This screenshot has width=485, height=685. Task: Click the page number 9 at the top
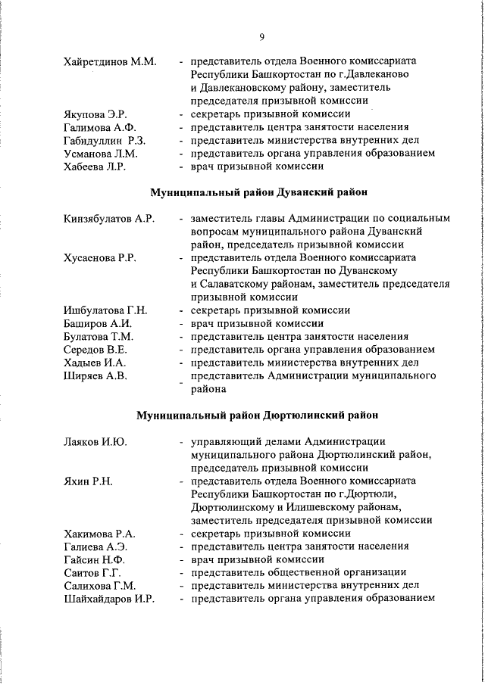click(261, 36)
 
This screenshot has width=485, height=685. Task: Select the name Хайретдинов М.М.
click(110, 61)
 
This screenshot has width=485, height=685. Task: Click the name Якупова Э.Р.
click(95, 114)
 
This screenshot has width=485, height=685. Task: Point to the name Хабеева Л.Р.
click(95, 166)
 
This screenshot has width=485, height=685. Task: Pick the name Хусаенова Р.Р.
click(100, 258)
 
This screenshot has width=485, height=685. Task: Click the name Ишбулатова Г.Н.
click(105, 310)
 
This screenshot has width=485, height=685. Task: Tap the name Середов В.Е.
click(95, 350)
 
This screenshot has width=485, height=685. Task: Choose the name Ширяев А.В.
click(95, 375)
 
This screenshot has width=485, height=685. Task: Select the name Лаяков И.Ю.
click(95, 441)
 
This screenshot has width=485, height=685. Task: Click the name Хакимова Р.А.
click(99, 534)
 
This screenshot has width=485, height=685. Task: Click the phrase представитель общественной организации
click(299, 572)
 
